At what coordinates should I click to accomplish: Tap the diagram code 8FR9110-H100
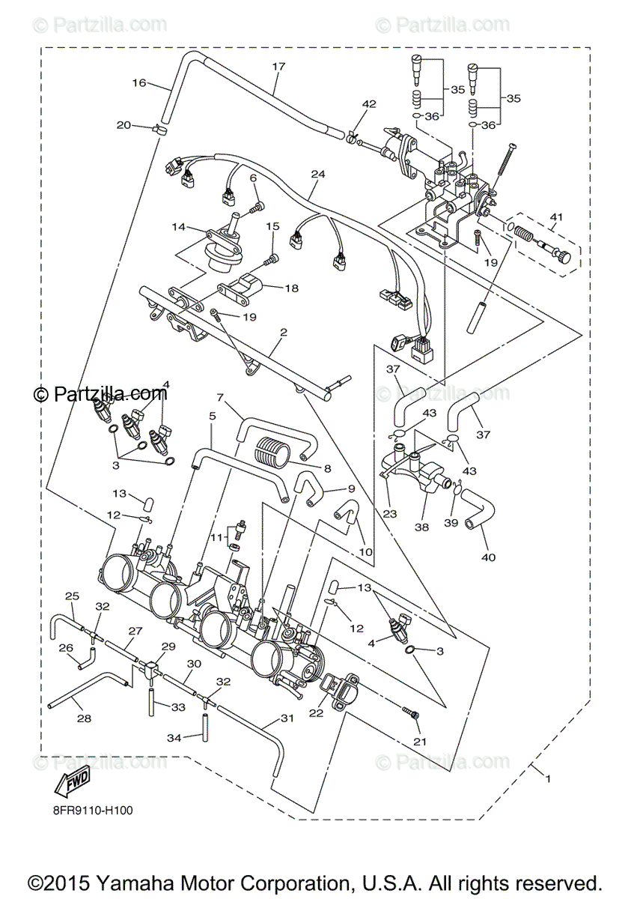(94, 809)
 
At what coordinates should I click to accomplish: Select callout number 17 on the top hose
(278, 67)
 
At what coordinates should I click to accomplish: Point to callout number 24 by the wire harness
(318, 175)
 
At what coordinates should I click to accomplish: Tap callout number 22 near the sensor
(316, 714)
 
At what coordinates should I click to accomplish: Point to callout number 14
(178, 226)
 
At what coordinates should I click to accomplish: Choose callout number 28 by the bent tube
(84, 718)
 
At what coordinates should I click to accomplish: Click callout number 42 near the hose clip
(369, 103)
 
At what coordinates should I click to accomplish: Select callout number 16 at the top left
(139, 82)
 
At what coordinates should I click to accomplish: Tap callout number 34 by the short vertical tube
(174, 738)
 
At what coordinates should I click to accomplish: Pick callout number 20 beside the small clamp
(124, 125)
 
